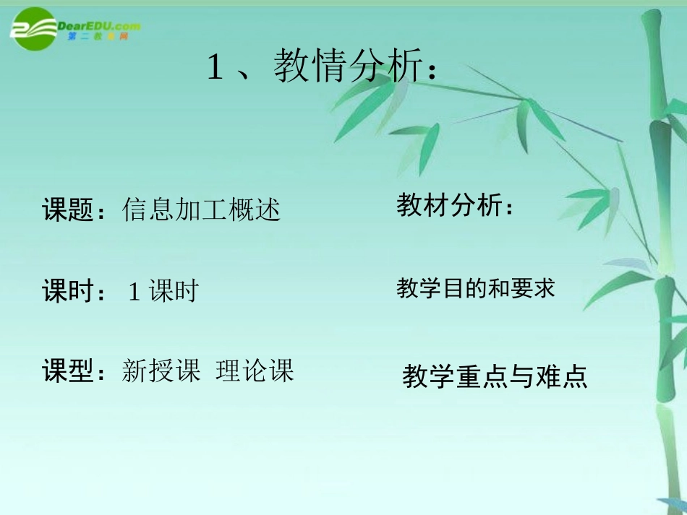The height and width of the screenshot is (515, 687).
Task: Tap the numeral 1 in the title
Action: pos(214,69)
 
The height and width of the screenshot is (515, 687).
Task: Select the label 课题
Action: pos(69,210)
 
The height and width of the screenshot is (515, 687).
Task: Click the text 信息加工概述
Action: pos(201,210)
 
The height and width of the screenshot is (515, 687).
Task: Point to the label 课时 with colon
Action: pos(74,292)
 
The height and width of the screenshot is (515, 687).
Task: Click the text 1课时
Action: pos(163,292)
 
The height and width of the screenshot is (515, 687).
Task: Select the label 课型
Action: pos(69,372)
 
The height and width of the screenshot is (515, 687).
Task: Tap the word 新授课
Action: pos(161,372)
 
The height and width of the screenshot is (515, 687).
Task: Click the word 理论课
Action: pos(255,372)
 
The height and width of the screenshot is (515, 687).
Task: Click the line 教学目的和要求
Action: pos(475,289)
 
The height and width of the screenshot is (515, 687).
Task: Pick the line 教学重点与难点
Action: pos(495,377)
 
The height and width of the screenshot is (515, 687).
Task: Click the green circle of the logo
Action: pos(33,30)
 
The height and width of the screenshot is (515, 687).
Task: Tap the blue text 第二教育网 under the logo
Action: pos(98,37)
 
